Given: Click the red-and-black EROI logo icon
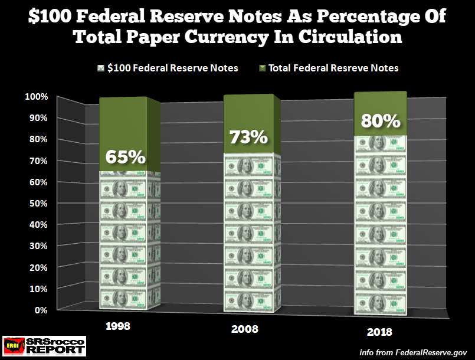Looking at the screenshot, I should [x=15, y=345].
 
